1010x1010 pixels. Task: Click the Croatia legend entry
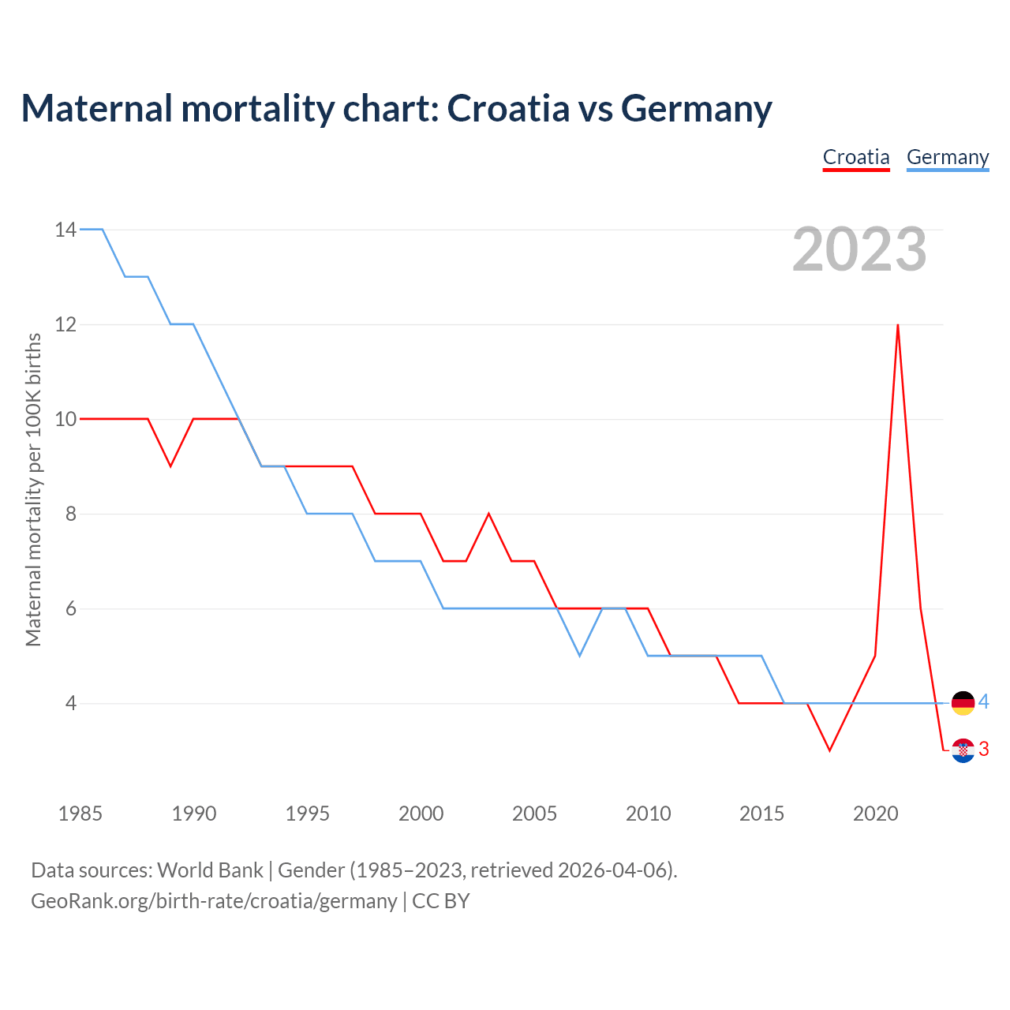point(856,157)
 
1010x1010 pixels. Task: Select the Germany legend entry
point(948,157)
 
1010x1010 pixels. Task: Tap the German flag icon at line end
point(963,702)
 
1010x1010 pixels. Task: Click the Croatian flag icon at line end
point(963,750)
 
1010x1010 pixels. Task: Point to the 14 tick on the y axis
point(65,230)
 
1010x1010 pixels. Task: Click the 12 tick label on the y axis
point(65,324)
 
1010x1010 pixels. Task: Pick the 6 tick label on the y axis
point(71,608)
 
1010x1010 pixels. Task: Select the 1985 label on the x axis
point(80,814)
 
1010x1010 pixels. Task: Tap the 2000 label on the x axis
point(421,814)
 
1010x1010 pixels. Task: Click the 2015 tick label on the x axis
point(761,814)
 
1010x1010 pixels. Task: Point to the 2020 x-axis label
point(875,814)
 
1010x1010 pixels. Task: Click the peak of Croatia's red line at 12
point(898,325)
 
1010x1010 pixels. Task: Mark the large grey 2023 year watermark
point(859,249)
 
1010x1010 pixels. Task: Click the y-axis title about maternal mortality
point(33,489)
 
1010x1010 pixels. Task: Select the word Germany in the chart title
point(696,108)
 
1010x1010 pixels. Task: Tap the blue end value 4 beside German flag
point(984,701)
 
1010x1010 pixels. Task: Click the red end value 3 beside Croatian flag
point(984,749)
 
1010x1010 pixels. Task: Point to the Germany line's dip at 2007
point(579,655)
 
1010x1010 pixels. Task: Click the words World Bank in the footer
point(210,870)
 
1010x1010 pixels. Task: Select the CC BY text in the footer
point(441,901)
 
